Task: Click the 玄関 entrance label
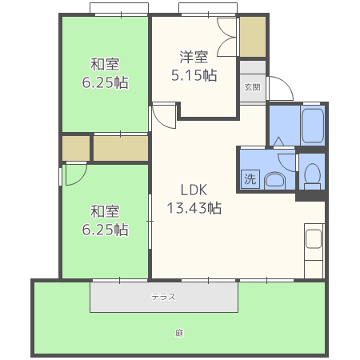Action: click(x=252, y=87)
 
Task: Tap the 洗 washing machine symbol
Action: click(x=250, y=179)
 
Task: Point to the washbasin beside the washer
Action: click(x=274, y=181)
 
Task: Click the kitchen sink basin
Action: click(x=314, y=238)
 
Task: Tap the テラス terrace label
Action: click(x=163, y=297)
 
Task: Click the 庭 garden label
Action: click(x=179, y=333)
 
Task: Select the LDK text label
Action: click(x=194, y=190)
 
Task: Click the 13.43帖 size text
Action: click(x=194, y=208)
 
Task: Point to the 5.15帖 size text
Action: click(x=194, y=75)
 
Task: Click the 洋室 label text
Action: click(x=194, y=57)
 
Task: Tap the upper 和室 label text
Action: click(x=105, y=64)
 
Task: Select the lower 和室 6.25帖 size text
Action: click(x=105, y=230)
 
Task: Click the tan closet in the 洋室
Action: click(x=253, y=37)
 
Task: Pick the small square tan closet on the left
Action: click(x=76, y=148)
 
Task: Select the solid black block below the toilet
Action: click(x=310, y=196)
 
